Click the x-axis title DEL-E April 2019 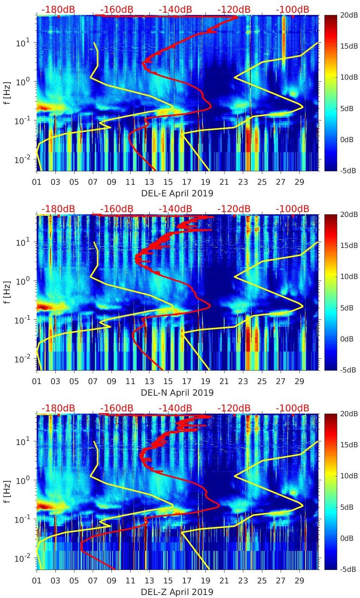[x=177, y=193]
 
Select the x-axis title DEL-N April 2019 [x=177, y=393]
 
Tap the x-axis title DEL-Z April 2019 [x=177, y=592]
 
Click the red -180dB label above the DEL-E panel [x=58, y=9]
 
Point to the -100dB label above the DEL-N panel [x=293, y=209]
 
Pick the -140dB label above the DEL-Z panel [x=176, y=408]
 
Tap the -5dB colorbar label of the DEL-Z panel [x=348, y=570]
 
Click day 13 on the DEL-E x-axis [x=149, y=182]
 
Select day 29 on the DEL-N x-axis [x=299, y=381]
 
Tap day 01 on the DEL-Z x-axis [x=37, y=581]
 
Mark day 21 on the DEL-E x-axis [x=224, y=182]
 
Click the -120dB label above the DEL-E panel [x=234, y=9]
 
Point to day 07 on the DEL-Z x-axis [x=93, y=581]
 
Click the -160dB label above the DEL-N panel [x=117, y=209]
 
